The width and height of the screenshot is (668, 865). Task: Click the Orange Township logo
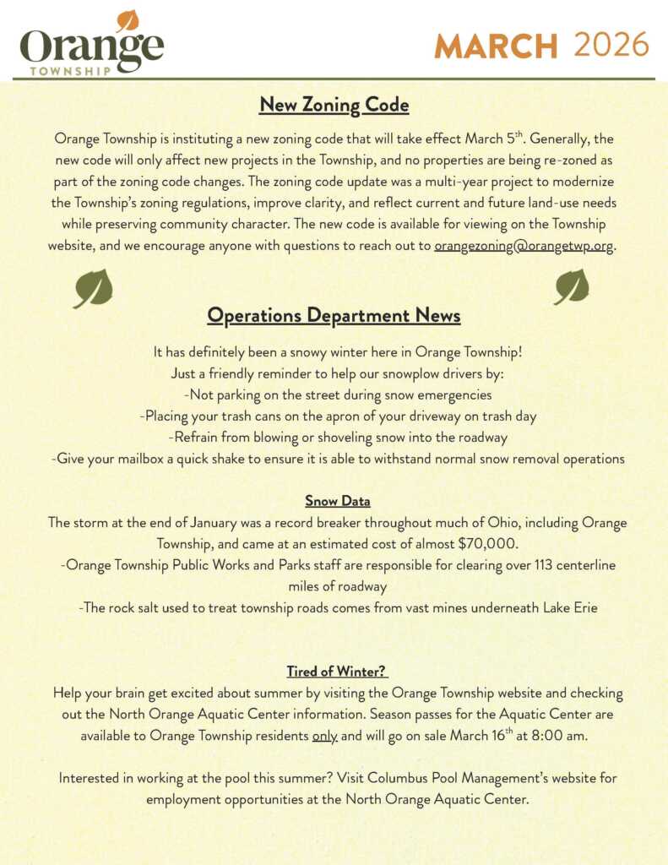[x=91, y=47]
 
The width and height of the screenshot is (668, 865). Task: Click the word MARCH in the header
[x=496, y=46]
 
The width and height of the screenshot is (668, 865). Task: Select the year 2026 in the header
[x=611, y=45]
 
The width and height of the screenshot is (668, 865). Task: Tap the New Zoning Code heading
[x=334, y=105]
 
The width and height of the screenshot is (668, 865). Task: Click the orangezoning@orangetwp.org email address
[x=524, y=247]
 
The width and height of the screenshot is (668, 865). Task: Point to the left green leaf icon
[x=93, y=289]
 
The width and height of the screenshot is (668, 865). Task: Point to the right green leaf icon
[x=572, y=287]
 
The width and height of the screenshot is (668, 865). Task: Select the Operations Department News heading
[x=334, y=316]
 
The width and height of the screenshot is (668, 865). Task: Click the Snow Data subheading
[x=337, y=501]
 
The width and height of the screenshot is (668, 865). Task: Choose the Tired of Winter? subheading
[x=336, y=672]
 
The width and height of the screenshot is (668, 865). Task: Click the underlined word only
[x=324, y=735]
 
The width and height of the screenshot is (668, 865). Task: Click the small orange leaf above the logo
[x=128, y=20]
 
